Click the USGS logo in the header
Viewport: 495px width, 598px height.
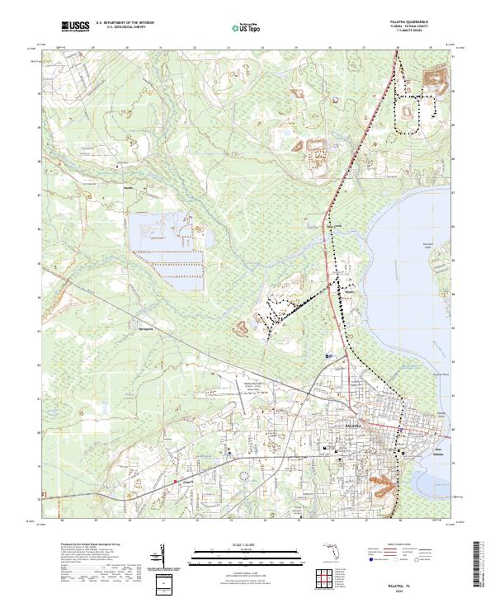(x=75, y=26)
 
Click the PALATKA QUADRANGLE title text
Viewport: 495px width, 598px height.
(x=417, y=21)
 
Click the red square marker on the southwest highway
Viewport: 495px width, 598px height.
(x=175, y=481)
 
